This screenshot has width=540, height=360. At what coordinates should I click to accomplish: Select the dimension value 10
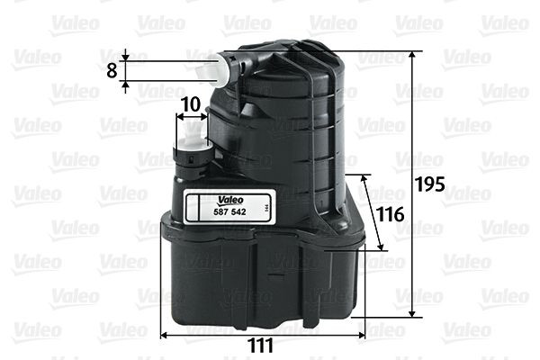click(190, 103)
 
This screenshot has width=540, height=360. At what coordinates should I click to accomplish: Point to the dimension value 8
click(111, 70)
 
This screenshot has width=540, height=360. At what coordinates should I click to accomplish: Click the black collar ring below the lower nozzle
click(193, 158)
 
